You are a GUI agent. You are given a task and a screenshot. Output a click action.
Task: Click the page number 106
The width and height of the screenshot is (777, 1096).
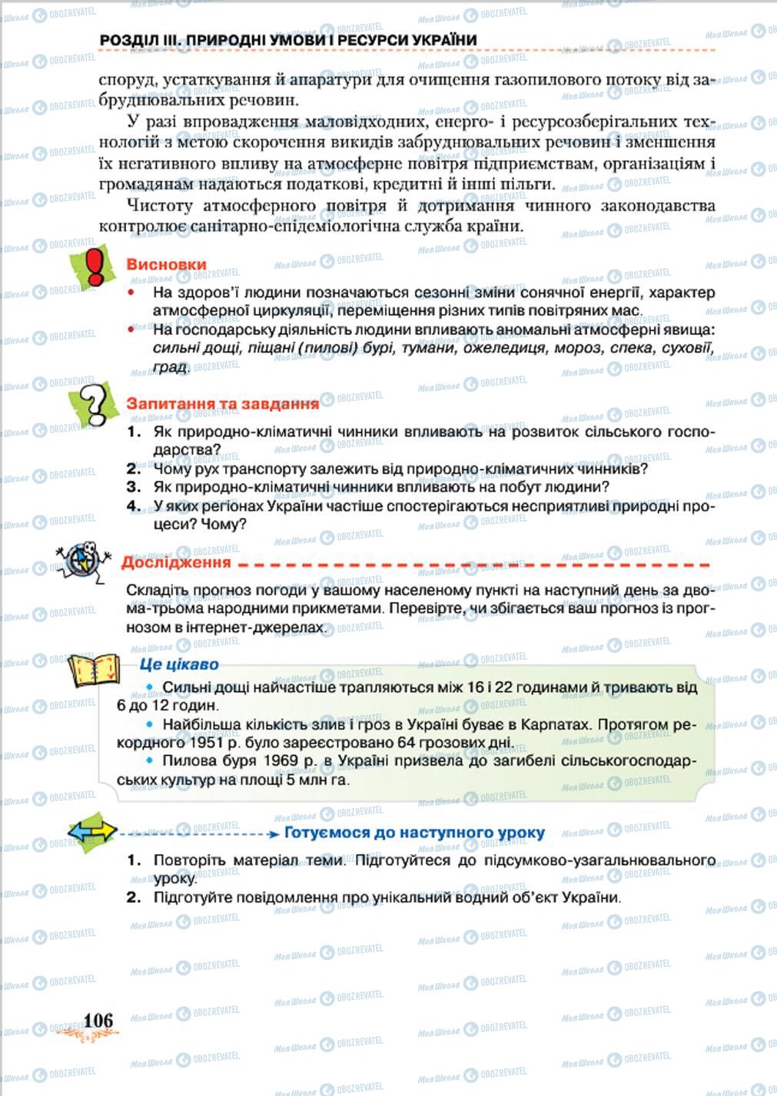[98, 1020]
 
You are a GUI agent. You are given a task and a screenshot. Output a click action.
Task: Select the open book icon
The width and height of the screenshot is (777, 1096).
[95, 670]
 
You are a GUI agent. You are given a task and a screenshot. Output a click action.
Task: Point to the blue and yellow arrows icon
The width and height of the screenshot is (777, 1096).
[92, 831]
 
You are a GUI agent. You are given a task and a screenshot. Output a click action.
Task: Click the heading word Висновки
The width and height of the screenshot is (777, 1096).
[166, 264]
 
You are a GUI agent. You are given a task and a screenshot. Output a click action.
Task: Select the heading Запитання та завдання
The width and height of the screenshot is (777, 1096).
[222, 403]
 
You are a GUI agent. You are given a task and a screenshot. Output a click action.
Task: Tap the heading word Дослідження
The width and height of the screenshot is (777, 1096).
[176, 562]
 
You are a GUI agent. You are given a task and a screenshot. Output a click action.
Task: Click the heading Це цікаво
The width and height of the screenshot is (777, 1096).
[179, 664]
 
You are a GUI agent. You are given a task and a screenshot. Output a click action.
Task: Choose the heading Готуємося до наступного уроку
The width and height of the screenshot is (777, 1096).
[414, 833]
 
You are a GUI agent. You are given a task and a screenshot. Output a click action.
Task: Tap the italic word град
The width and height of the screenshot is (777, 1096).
[170, 367]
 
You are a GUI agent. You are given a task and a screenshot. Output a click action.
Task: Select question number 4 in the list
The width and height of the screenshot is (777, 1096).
[134, 506]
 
